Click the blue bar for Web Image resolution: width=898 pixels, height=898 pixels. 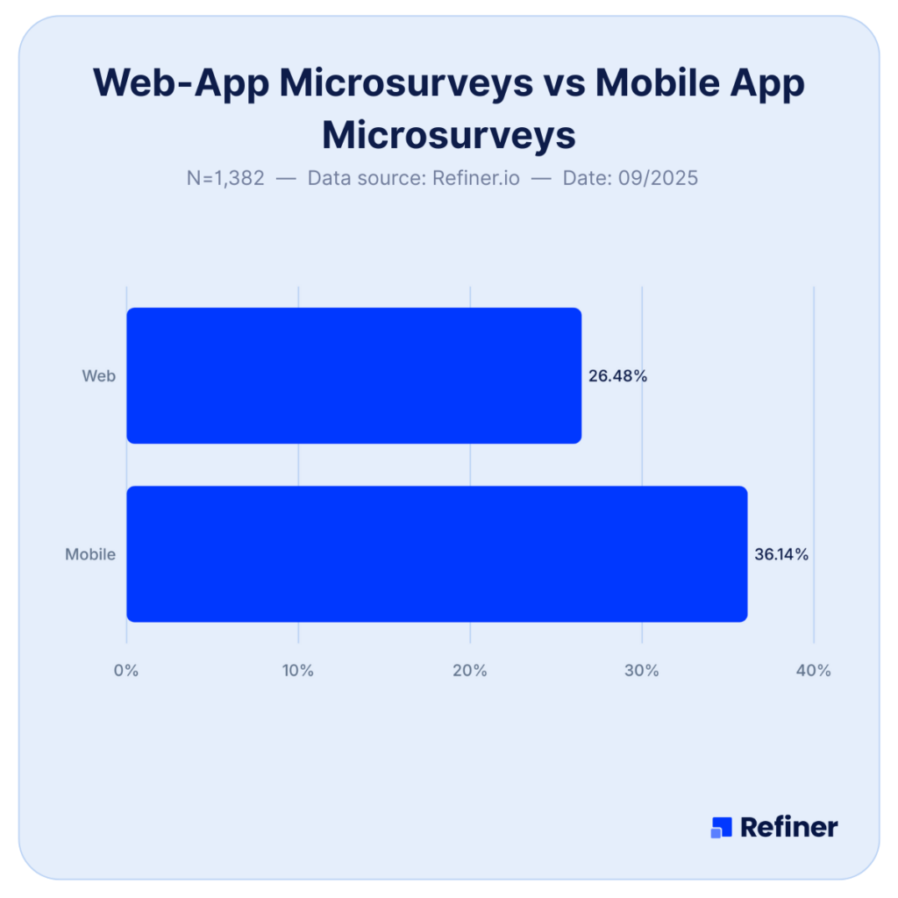[353, 375]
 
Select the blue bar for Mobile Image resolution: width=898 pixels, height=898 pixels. [437, 553]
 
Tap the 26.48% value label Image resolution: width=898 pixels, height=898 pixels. [617, 376]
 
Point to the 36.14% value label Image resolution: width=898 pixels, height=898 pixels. [781, 554]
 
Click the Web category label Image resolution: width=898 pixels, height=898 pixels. [99, 376]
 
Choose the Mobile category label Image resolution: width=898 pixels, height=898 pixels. [90, 554]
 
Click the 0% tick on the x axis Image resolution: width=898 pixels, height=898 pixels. [127, 671]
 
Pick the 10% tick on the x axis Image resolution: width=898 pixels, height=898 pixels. [298, 671]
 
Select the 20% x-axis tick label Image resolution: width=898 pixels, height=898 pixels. [470, 671]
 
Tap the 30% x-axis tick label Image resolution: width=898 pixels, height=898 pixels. [642, 671]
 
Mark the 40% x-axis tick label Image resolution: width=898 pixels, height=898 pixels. [814, 671]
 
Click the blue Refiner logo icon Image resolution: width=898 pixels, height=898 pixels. [721, 827]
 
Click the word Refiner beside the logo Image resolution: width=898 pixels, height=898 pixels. [789, 827]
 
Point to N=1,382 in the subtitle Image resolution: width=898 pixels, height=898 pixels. [225, 178]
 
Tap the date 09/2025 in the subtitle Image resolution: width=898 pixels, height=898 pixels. [656, 178]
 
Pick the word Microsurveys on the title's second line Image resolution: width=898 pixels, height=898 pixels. [449, 135]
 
